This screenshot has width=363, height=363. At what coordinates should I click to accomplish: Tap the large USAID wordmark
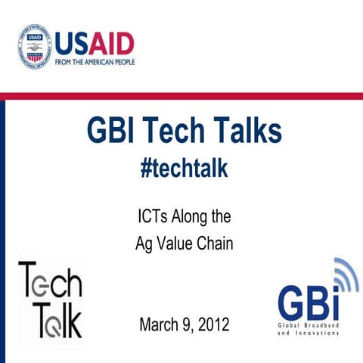point(95,42)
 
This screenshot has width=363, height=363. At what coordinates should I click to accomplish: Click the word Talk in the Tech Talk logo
point(50,318)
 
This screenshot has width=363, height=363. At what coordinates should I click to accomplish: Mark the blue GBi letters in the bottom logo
point(306,302)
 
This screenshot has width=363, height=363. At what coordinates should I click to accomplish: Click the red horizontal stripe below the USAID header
point(181,96)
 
